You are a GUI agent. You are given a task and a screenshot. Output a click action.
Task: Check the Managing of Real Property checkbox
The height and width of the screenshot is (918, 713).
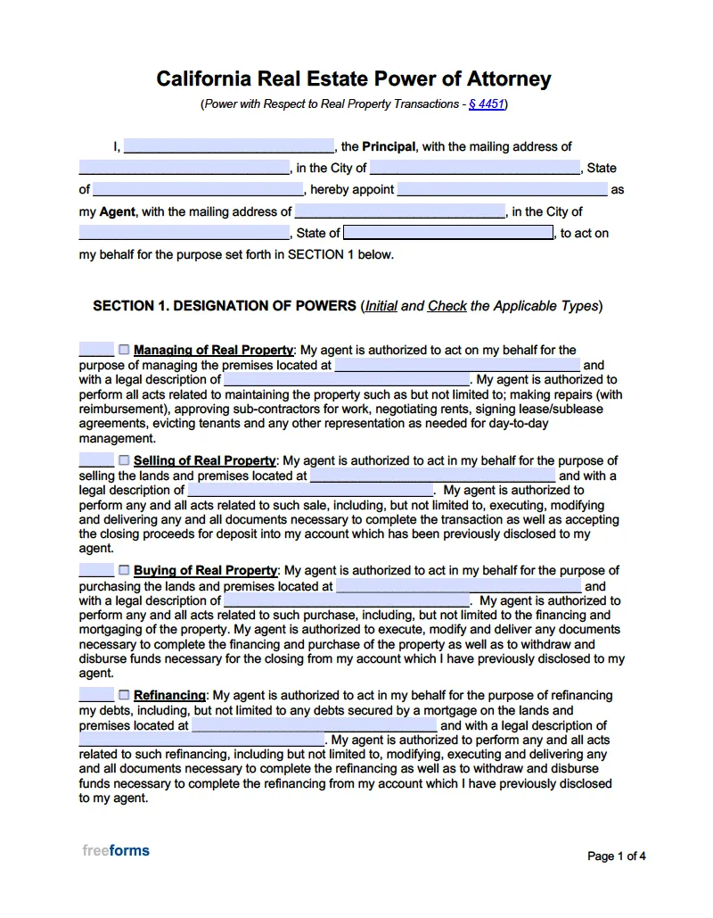coord(124,350)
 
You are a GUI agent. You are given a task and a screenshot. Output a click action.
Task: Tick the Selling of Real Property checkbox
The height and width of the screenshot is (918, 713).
coord(124,460)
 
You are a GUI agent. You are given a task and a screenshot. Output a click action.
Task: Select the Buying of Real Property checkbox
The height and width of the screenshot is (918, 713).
coord(124,570)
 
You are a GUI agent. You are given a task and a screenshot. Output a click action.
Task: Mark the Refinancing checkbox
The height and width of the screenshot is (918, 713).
coord(124,695)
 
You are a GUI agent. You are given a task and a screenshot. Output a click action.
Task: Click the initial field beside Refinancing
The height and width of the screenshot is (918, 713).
coord(96,695)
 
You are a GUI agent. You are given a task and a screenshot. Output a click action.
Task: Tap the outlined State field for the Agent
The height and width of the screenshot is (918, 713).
coord(448,233)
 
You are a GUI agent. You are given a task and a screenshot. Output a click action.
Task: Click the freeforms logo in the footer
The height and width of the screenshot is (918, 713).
coord(116,851)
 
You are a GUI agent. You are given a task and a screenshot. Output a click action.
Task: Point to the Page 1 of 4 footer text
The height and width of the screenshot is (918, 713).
coord(616,856)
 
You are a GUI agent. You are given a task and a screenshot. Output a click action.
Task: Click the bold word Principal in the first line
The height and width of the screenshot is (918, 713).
coord(389,147)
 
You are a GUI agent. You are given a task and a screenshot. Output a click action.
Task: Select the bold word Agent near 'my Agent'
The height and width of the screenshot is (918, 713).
coord(117,212)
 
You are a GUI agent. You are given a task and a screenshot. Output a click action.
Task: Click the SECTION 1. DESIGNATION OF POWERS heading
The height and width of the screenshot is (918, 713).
coord(225,306)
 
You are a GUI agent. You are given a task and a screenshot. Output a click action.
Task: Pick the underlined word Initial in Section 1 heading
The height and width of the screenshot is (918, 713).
coord(381,306)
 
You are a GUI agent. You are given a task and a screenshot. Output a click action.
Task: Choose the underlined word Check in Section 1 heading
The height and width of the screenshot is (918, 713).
coord(447,306)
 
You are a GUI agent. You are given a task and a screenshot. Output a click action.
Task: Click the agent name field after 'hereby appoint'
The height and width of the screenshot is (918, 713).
coord(502,190)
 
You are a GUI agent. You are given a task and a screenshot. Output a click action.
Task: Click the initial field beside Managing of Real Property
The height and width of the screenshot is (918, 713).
coord(96,350)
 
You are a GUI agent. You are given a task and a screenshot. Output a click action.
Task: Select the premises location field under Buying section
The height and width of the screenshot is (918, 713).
coord(458,586)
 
